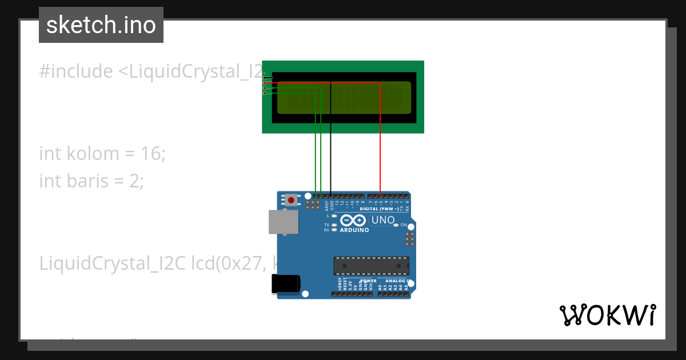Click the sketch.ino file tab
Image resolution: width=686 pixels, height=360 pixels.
tap(101, 25)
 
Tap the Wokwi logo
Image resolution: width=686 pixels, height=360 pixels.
tap(607, 315)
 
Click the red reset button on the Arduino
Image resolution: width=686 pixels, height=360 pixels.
tap(292, 200)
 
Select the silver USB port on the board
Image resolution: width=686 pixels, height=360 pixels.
tap(284, 222)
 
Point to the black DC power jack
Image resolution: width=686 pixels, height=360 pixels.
tap(285, 284)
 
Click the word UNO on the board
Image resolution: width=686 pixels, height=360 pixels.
tap(383, 220)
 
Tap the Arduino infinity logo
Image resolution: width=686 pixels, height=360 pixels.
tap(353, 221)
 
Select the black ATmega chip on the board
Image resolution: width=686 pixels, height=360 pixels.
tap(372, 266)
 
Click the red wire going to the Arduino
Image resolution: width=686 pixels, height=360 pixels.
tap(380, 143)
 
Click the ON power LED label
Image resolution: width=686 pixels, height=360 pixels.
tap(404, 225)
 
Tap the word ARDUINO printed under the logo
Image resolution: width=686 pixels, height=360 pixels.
tap(354, 230)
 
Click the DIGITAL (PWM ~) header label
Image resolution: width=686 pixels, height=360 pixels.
tap(384, 209)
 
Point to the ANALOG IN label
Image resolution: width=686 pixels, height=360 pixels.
tap(396, 281)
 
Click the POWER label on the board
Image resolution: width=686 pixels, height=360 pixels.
tap(369, 281)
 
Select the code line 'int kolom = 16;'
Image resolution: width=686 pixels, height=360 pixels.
tap(102, 154)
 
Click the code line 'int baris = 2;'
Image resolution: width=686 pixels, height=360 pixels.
tap(91, 181)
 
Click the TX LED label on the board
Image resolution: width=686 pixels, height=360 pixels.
tap(326, 225)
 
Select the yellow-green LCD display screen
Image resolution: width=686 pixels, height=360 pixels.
tap(344, 97)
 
